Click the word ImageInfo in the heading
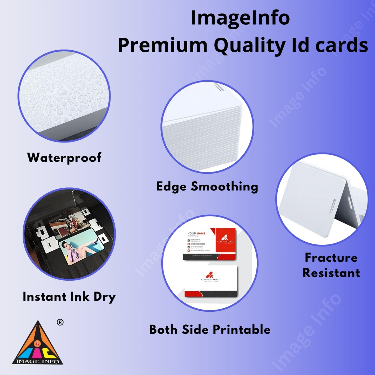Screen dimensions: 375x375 tap(240, 18)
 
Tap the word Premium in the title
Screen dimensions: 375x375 tap(162, 45)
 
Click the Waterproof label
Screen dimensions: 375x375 tap(64, 158)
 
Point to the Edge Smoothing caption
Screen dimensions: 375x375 tap(207, 187)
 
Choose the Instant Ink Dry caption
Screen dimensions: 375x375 tap(69, 297)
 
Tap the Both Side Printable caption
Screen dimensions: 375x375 tap(210, 330)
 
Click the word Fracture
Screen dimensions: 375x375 tap(331, 258)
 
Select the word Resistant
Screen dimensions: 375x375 tap(331, 273)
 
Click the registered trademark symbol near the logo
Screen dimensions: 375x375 tap(60, 322)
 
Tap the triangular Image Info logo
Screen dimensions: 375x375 tap(38, 345)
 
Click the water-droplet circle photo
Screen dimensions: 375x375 tap(64, 96)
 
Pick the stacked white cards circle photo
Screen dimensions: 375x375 tap(207, 127)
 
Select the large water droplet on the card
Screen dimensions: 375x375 tap(62, 92)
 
